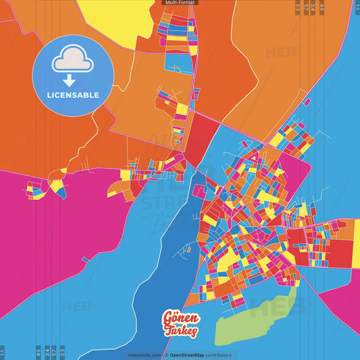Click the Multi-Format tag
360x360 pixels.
coord(180,3)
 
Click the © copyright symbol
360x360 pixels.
coord(166,355)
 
